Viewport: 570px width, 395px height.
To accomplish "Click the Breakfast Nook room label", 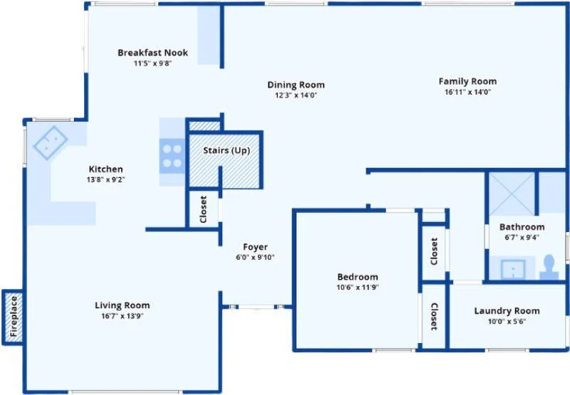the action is (x=152, y=53).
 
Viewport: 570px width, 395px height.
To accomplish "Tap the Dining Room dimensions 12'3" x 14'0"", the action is (x=296, y=95).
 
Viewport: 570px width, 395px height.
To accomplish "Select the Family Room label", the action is (x=467, y=81).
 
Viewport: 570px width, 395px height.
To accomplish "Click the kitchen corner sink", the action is (x=50, y=142).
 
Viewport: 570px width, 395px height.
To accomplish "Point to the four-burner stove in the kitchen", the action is (x=172, y=156).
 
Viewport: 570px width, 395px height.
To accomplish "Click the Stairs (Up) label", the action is (x=227, y=150).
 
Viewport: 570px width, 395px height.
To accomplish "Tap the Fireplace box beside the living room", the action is (x=13, y=317).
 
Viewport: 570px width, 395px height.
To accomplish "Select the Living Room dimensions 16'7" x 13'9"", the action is (x=123, y=316).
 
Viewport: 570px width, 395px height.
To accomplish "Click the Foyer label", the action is (x=255, y=247).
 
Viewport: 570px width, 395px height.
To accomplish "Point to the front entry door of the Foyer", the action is (x=256, y=307).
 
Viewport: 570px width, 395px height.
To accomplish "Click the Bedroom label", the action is (x=358, y=277).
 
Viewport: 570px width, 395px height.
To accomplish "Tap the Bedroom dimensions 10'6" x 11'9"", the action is (x=358, y=288).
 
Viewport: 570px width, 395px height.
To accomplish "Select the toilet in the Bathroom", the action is (x=549, y=267).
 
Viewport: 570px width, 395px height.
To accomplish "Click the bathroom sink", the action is (x=512, y=270).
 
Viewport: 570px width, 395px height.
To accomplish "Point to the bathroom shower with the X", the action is (x=512, y=194).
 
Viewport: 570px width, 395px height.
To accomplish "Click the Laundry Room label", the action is (x=507, y=311).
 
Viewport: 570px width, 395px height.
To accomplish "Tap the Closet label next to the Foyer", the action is (x=203, y=209).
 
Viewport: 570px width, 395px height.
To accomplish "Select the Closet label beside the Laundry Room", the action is (x=434, y=317).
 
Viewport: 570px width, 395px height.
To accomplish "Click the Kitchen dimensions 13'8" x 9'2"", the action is (x=105, y=180).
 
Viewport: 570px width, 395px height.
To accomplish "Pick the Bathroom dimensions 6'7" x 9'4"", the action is (x=522, y=238).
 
